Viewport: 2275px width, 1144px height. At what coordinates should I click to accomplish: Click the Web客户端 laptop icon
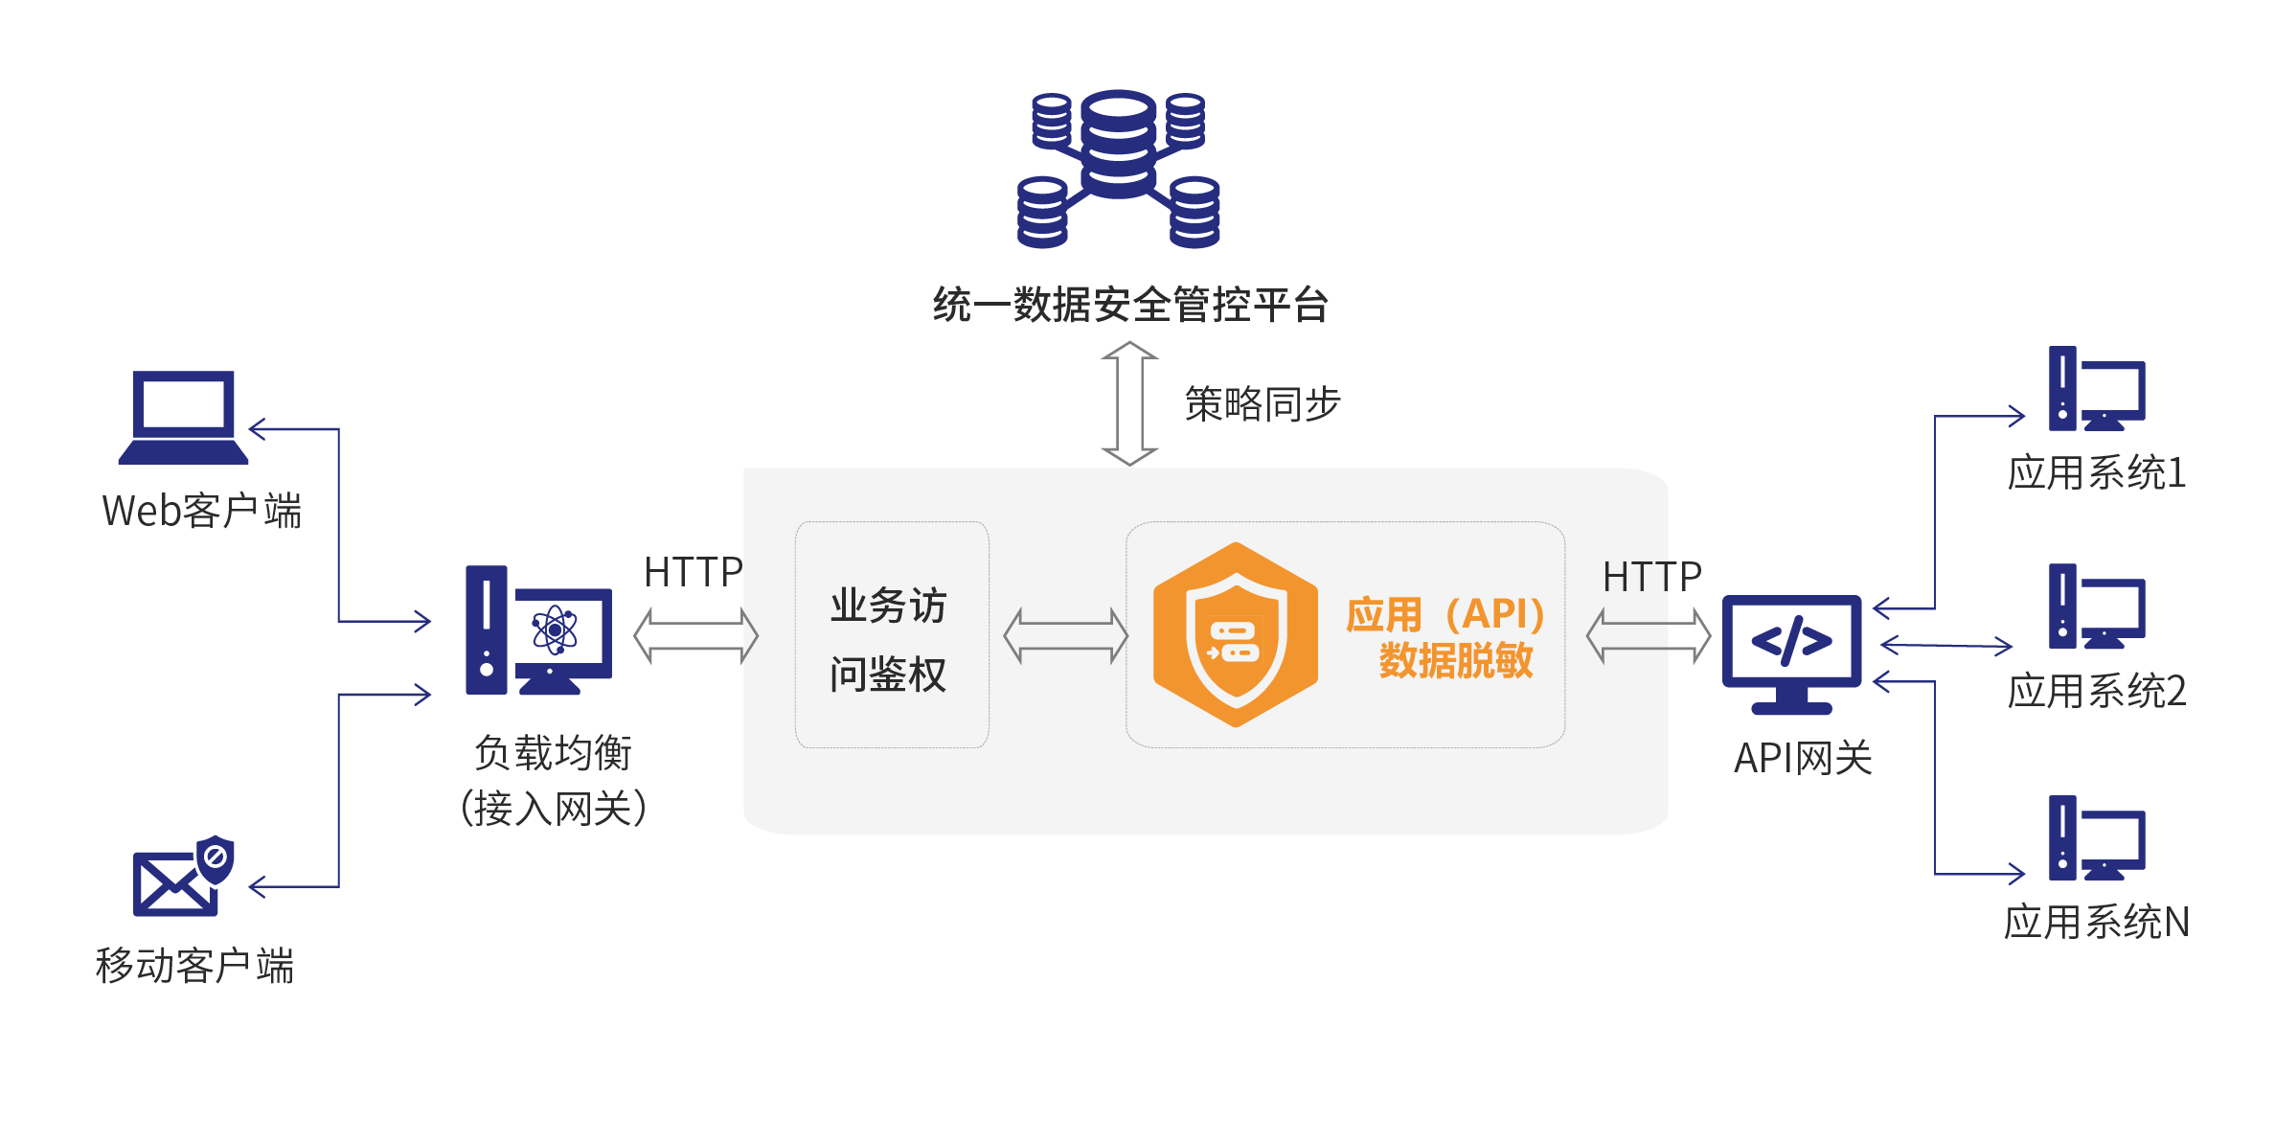183,417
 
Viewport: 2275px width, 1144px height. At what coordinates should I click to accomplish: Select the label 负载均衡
553,753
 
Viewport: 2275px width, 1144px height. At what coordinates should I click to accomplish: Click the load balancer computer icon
538,631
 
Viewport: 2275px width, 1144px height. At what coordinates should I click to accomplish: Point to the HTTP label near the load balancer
693,572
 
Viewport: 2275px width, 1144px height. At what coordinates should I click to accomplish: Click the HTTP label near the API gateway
1651,577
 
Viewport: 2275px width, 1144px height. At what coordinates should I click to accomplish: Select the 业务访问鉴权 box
891,635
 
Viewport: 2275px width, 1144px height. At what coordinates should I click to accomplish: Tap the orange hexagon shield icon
1235,635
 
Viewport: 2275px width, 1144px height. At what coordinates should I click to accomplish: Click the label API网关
1803,759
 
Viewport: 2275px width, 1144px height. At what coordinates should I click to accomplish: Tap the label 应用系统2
2096,692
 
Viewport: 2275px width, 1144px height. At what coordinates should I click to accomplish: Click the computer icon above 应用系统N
2096,838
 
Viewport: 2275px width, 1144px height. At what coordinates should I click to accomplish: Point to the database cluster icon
1118,170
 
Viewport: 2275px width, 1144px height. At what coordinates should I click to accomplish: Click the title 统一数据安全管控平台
1130,306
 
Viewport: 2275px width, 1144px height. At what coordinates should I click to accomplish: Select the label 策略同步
1262,404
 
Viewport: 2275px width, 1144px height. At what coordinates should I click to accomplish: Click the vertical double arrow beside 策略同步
1130,403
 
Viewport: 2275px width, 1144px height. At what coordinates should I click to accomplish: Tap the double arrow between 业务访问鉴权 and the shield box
1065,635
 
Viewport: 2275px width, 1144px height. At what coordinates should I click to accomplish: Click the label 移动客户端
194,966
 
